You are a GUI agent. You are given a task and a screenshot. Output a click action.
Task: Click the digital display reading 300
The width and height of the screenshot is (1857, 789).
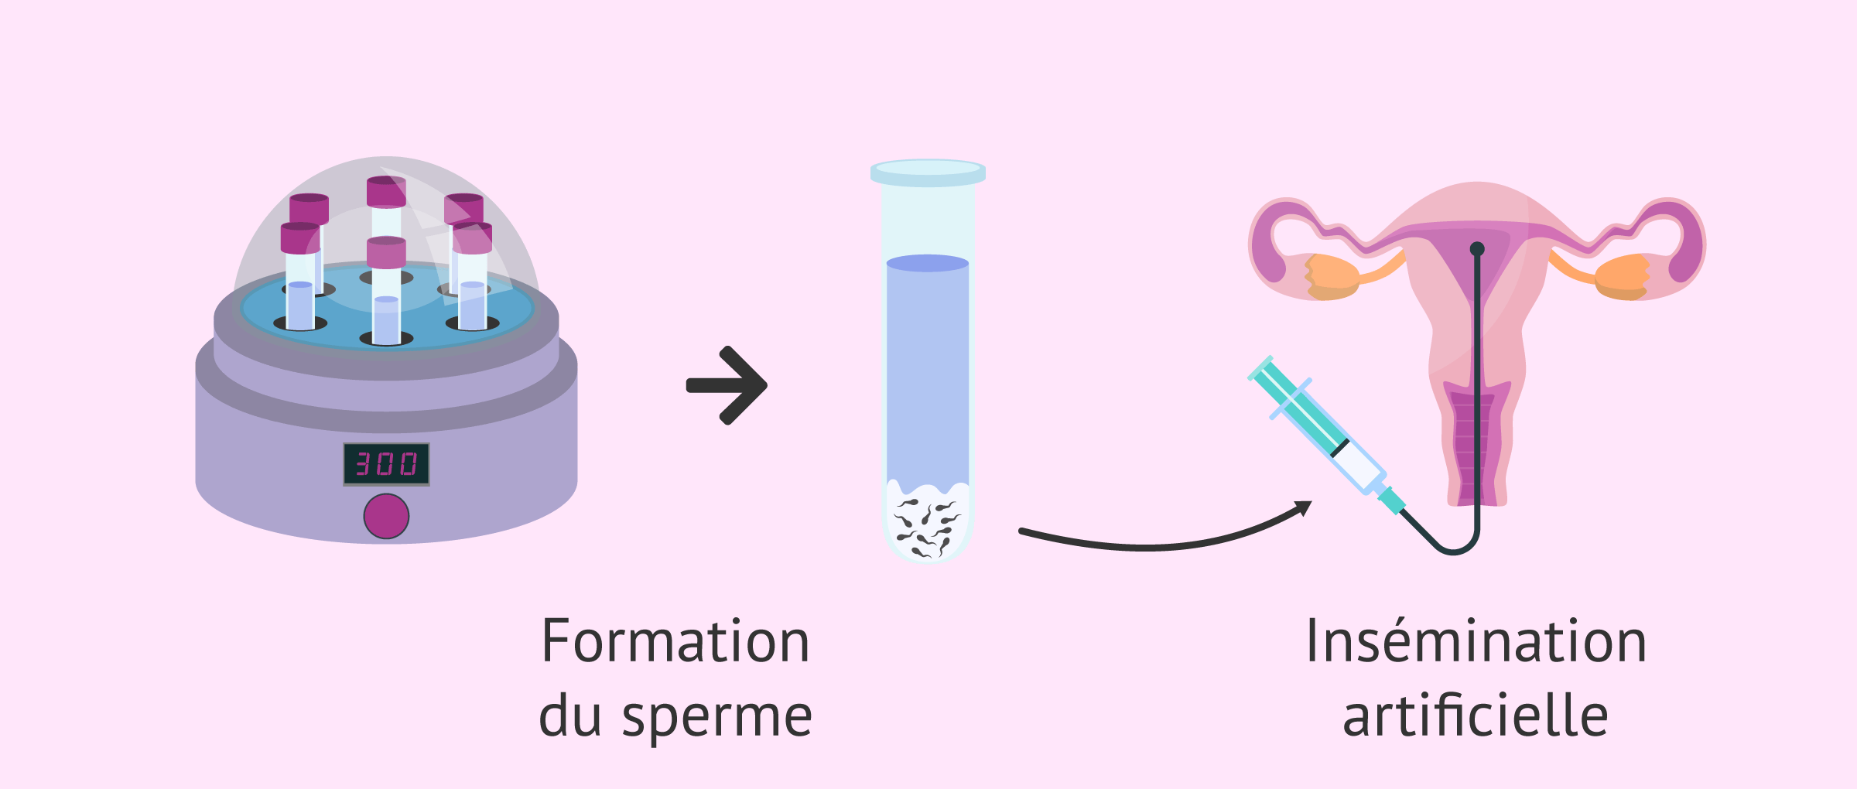[x=386, y=464]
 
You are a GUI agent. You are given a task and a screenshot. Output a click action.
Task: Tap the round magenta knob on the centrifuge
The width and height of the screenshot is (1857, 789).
[x=386, y=516]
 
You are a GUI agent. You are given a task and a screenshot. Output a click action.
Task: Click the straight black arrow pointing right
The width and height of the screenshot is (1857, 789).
[x=727, y=385]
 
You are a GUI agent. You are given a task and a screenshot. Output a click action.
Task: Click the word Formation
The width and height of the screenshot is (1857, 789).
[x=675, y=641]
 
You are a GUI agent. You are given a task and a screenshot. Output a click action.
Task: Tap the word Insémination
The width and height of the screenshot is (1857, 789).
[x=1476, y=641]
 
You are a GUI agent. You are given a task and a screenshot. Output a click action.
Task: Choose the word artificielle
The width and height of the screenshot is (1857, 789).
[x=1476, y=716]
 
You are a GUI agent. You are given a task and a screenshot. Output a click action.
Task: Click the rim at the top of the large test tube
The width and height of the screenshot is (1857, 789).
[x=928, y=172]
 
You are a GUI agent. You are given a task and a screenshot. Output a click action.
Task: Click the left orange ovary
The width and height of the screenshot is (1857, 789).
[x=1332, y=276]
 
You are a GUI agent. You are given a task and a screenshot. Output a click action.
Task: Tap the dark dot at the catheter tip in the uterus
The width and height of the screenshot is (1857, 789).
[x=1477, y=249]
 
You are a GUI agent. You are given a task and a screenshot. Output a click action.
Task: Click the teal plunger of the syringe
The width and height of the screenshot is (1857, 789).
[x=1300, y=406]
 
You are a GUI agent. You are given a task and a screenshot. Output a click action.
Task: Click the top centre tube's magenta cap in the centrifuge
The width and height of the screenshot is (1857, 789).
[x=386, y=192]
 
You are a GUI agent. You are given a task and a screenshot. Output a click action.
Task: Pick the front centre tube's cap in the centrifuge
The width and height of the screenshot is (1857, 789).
[x=386, y=253]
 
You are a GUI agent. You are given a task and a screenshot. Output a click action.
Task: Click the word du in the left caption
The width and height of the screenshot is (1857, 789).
[x=570, y=716]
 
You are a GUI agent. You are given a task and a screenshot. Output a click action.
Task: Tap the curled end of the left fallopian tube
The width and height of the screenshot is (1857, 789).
[x=1269, y=248]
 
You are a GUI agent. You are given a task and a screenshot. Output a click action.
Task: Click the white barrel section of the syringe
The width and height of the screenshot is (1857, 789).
[x=1358, y=464]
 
